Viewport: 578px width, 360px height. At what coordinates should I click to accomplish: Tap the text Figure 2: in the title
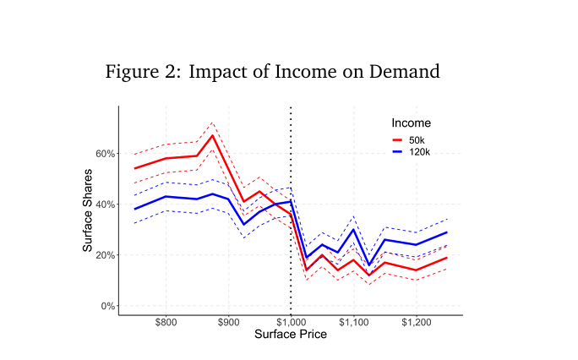142,72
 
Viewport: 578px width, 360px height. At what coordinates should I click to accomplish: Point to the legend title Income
411,123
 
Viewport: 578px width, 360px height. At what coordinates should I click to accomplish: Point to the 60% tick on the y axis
105,154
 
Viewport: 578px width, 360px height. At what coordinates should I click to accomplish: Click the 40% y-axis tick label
105,205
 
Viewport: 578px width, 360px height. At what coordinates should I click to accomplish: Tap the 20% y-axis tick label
105,255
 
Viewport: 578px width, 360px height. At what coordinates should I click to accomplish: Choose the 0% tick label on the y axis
107,306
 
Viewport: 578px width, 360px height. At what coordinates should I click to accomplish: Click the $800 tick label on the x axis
166,323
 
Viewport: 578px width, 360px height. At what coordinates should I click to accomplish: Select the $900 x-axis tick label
228,323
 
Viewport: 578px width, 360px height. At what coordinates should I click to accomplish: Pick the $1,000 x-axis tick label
291,323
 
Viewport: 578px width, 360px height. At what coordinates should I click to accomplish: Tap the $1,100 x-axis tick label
353,323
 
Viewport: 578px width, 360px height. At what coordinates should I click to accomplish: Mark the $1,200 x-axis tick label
416,323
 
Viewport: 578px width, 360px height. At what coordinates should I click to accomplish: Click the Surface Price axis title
291,334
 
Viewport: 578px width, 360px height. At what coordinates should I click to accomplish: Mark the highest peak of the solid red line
213,135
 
